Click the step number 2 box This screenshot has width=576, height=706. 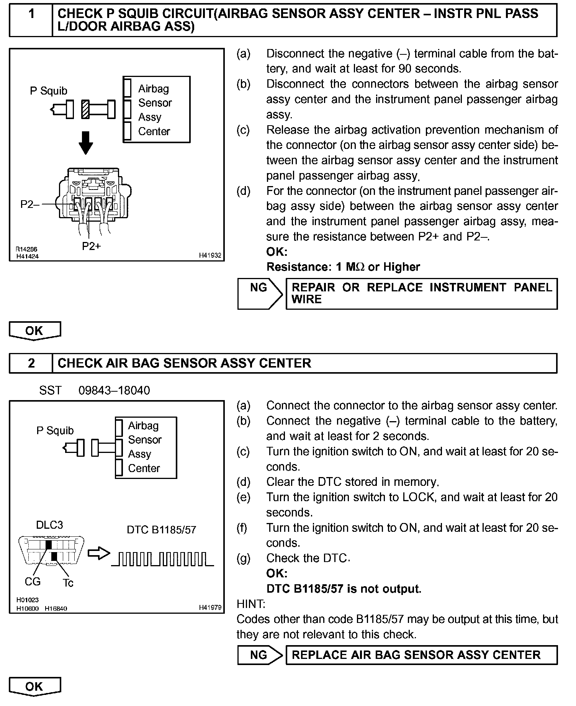[x=31, y=363]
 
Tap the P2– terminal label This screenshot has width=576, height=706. [x=29, y=204]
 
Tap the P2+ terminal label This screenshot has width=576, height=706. [x=91, y=246]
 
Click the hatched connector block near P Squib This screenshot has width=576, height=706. [x=85, y=109]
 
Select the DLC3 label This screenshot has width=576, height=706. [x=49, y=525]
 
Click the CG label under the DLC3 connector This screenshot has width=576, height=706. [x=33, y=582]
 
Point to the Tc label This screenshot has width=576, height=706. [x=68, y=583]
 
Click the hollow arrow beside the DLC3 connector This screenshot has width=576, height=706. [x=98, y=554]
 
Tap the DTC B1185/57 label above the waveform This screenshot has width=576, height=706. [x=161, y=530]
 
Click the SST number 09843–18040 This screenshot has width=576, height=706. [x=114, y=391]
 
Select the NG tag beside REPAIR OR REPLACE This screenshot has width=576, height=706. [x=259, y=288]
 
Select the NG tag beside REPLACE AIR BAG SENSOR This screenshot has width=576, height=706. [x=259, y=655]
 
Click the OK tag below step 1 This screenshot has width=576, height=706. [x=34, y=330]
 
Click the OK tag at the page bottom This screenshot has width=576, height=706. [x=34, y=686]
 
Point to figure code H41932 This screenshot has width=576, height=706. [x=210, y=255]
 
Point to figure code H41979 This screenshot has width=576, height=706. [x=210, y=608]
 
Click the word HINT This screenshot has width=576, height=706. [x=251, y=604]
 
